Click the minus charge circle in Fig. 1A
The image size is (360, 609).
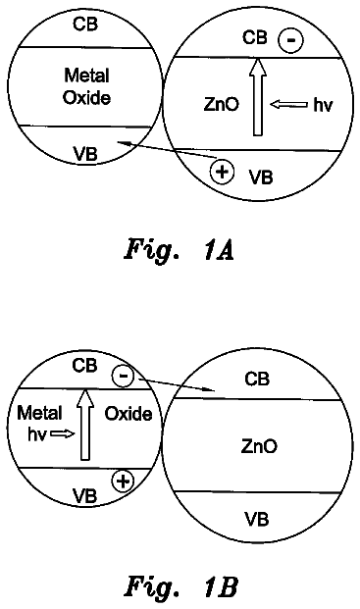[x=290, y=40]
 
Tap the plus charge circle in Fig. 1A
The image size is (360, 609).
[x=222, y=172]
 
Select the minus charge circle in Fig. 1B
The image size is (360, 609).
[x=123, y=377]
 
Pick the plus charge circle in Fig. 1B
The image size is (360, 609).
[x=123, y=482]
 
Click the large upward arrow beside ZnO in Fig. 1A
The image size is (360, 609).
[x=257, y=97]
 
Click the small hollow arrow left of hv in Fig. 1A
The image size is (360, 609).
[x=288, y=105]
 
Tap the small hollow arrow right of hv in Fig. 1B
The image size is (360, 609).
[x=63, y=433]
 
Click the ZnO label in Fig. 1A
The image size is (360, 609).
[x=222, y=105]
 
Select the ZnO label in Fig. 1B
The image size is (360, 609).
[x=259, y=446]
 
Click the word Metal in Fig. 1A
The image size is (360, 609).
[x=86, y=76]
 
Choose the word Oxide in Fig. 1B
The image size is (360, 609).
[x=129, y=414]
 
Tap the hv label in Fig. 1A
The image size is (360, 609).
[x=323, y=105]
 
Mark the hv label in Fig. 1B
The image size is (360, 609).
[x=37, y=434]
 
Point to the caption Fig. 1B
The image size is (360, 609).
[x=181, y=586]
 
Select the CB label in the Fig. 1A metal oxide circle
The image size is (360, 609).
[x=85, y=25]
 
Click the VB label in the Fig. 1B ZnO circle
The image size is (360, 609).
[x=257, y=519]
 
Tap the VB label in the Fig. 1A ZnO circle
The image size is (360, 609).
[x=261, y=178]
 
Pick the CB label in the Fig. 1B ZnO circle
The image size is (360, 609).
[x=257, y=379]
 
